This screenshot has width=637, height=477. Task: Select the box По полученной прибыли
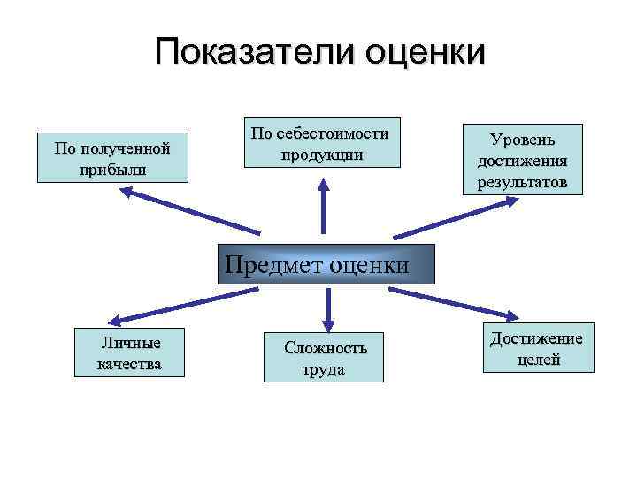(x=112, y=158)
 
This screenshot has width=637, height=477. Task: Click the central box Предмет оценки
(x=326, y=264)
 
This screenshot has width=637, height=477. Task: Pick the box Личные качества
(x=130, y=352)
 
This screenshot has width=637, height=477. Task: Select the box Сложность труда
(x=325, y=358)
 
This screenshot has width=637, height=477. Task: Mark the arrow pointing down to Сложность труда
(x=327, y=305)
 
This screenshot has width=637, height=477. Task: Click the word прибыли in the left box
(x=112, y=169)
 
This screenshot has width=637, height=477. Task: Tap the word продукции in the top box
(x=322, y=154)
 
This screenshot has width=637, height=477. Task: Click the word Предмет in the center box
(x=274, y=264)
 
